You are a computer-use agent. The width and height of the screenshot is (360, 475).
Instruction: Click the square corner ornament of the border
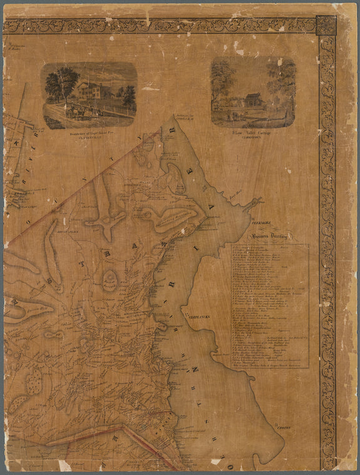click(326, 26)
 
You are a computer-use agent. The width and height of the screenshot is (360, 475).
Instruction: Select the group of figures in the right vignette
click(233, 116)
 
